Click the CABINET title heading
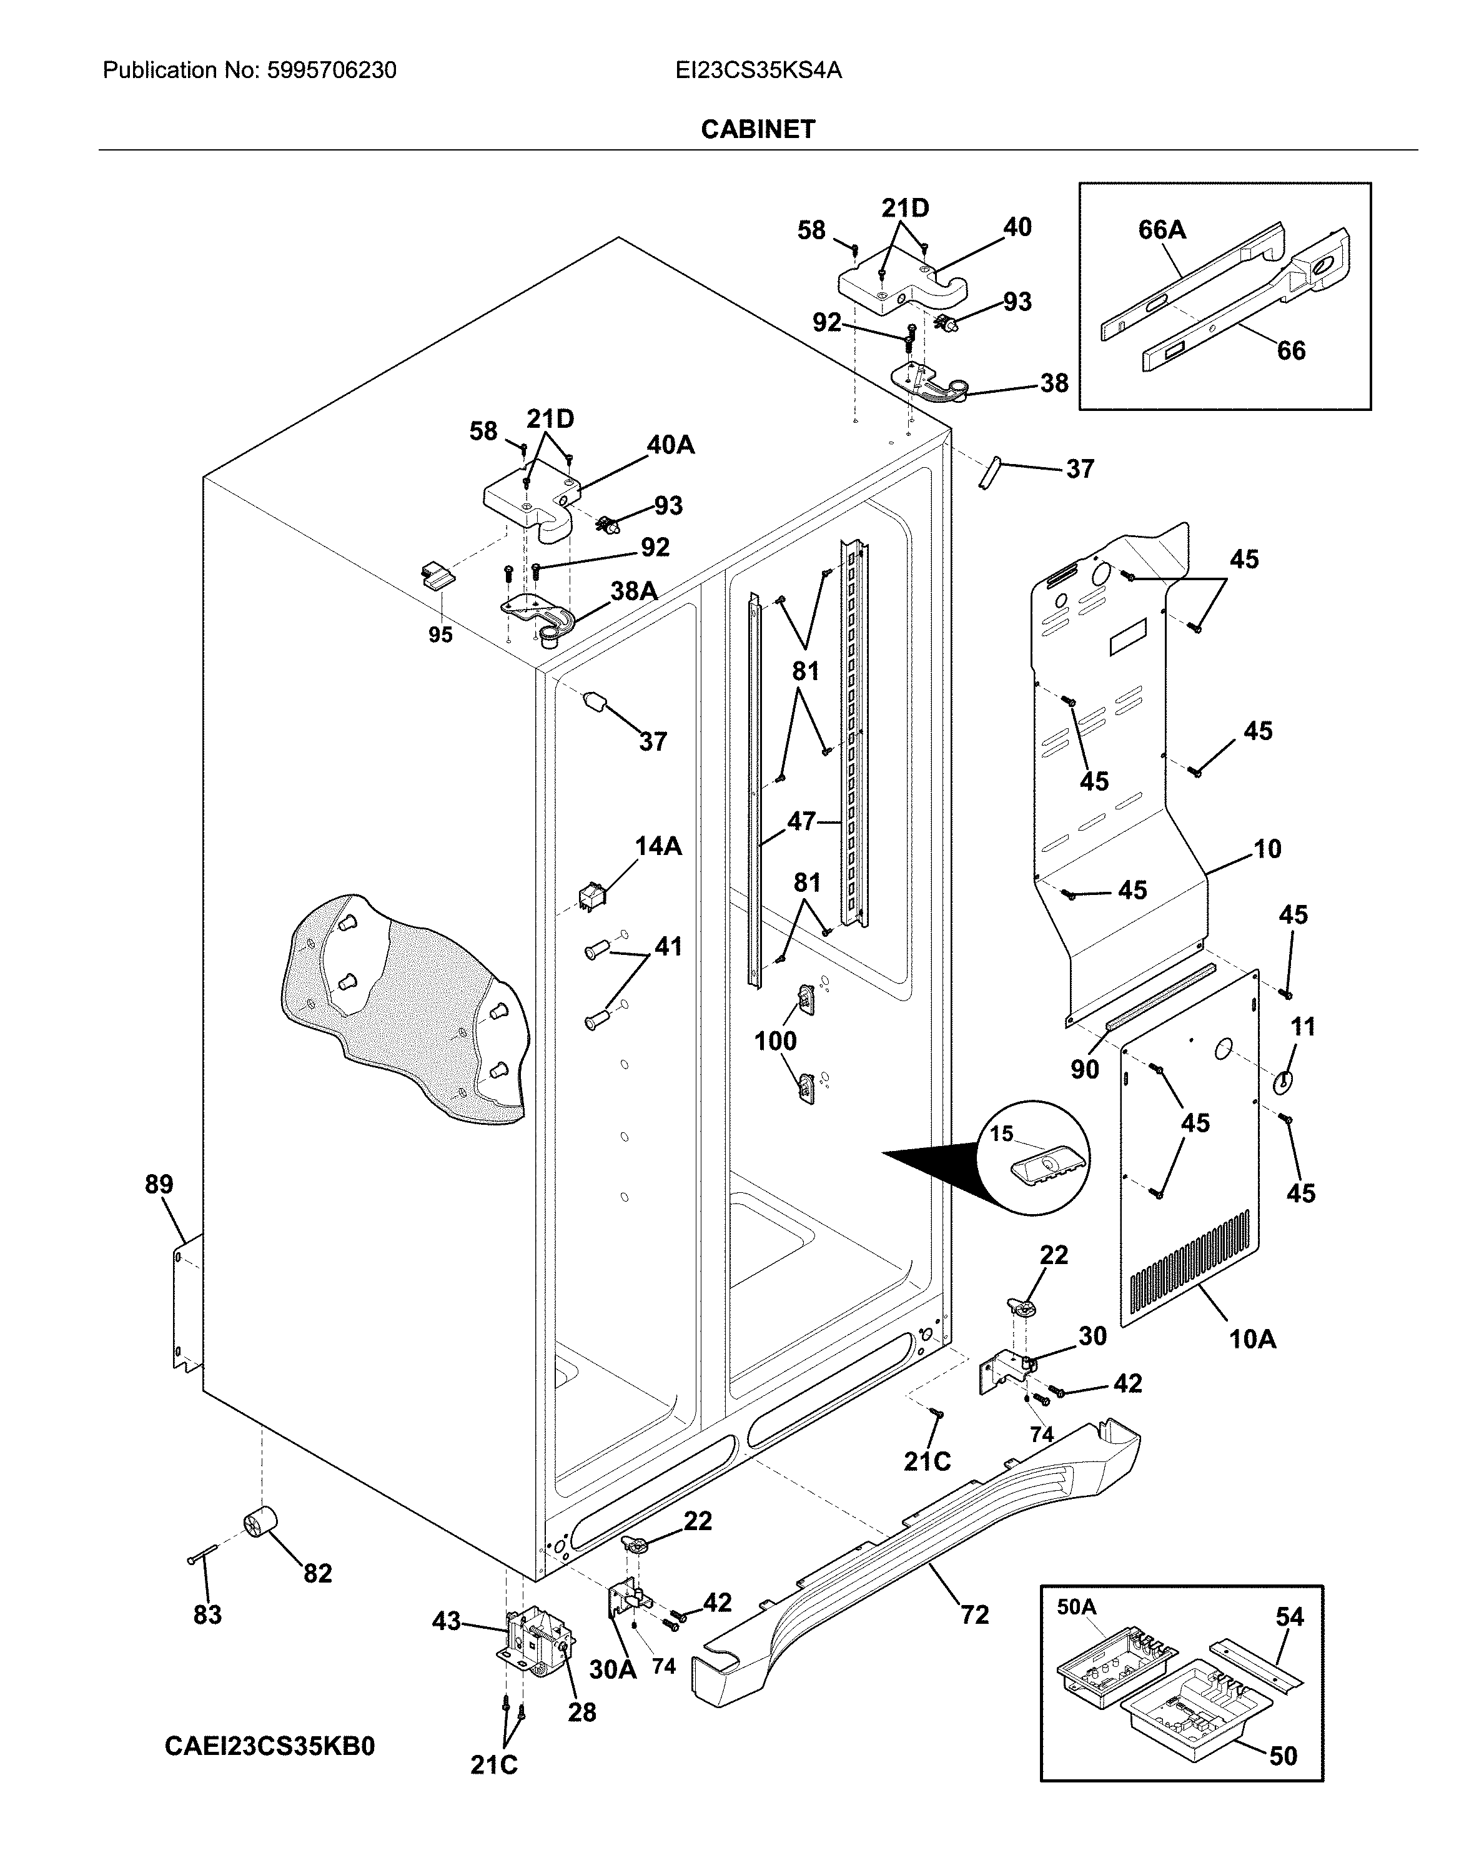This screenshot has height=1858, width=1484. click(758, 129)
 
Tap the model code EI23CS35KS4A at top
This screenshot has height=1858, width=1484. click(758, 71)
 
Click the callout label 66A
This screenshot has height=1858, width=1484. click(1162, 229)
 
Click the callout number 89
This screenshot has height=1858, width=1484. click(159, 1184)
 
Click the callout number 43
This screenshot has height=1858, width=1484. click(447, 1622)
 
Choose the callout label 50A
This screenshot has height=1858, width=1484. click(1076, 1607)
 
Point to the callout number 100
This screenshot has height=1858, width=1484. click(776, 1041)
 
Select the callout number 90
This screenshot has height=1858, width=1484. click(1084, 1069)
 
